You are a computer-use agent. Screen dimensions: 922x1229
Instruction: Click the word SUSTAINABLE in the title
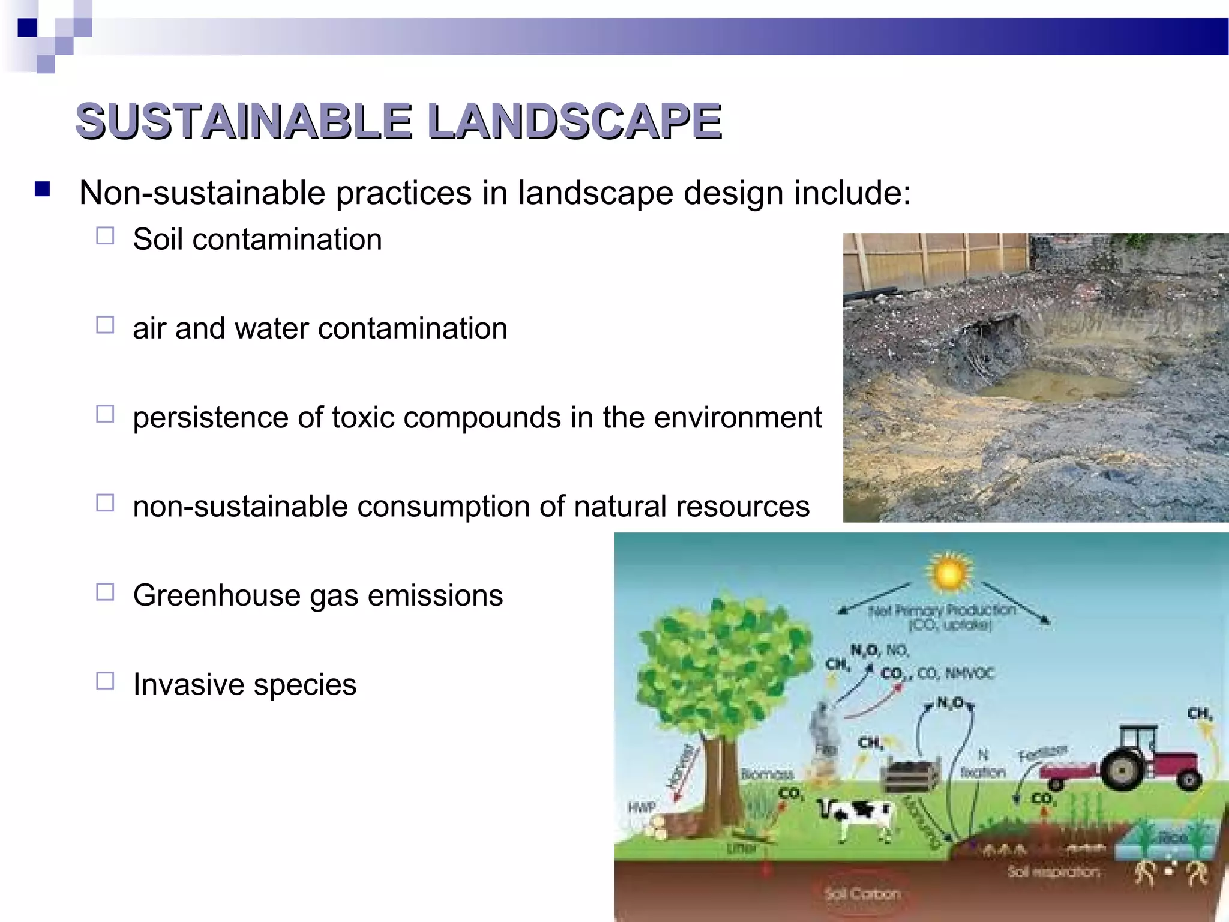pyautogui.click(x=244, y=121)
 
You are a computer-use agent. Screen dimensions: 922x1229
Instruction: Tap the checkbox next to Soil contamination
pyautogui.click(x=105, y=236)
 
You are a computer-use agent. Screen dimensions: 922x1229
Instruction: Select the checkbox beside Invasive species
pyautogui.click(x=105, y=681)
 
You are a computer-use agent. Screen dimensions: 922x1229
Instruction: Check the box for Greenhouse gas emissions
pyautogui.click(x=105, y=592)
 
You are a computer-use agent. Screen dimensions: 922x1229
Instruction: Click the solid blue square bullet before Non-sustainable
pyautogui.click(x=42, y=190)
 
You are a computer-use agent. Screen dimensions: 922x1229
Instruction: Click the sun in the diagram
pyautogui.click(x=948, y=573)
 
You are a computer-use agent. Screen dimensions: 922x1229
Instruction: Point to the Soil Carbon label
pyautogui.click(x=862, y=894)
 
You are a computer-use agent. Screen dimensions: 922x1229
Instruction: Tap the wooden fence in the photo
pyautogui.click(x=936, y=258)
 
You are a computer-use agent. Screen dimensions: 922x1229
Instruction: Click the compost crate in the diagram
pyautogui.click(x=910, y=775)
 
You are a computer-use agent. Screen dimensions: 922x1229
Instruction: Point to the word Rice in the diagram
pyautogui.click(x=1173, y=838)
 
